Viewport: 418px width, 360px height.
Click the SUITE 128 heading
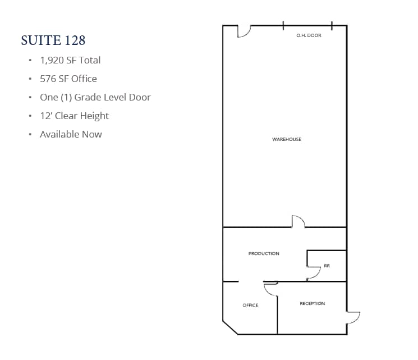click(53, 40)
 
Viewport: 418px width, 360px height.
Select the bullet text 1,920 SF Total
click(70, 60)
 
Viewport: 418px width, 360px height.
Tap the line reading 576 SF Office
click(68, 79)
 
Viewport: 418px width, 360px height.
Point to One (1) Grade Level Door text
click(95, 97)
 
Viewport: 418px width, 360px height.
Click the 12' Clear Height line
click(74, 116)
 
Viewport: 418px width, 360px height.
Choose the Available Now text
click(71, 134)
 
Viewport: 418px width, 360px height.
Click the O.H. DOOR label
click(309, 36)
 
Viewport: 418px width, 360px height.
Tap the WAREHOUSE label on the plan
click(287, 139)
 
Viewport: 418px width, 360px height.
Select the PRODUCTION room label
click(264, 254)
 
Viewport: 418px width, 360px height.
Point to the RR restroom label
click(327, 266)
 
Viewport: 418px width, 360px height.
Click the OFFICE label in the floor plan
click(250, 306)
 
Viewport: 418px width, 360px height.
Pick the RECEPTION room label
click(312, 304)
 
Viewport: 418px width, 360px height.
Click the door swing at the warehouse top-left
click(244, 31)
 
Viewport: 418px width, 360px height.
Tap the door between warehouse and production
click(298, 222)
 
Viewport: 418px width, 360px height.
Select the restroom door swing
click(313, 273)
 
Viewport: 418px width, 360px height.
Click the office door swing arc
click(271, 289)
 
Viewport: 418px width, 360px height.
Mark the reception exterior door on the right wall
click(353, 317)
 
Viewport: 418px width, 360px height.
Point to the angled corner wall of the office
click(230, 327)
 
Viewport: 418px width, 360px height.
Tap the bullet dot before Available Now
click(30, 135)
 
